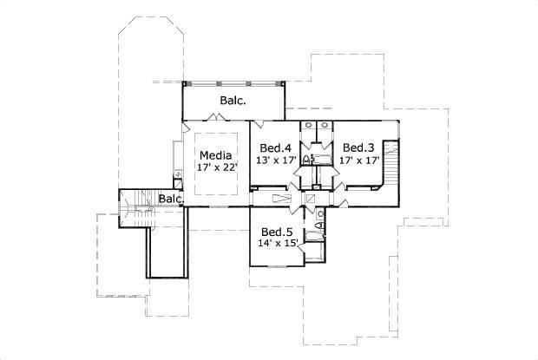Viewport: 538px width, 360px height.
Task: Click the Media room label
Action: [x=215, y=156]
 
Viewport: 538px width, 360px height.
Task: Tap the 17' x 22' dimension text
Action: [x=216, y=167]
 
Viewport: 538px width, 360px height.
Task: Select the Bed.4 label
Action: [x=277, y=148]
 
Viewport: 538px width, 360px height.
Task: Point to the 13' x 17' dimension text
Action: [x=277, y=160]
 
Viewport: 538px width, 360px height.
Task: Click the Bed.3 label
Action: [x=357, y=148]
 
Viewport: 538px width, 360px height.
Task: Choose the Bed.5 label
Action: [x=278, y=232]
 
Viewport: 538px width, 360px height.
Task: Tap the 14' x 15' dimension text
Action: [x=278, y=244]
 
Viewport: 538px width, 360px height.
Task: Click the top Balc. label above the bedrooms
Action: [x=232, y=101]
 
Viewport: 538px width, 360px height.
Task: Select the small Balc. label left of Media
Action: [x=171, y=200]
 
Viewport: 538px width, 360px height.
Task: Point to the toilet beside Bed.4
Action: [x=306, y=160]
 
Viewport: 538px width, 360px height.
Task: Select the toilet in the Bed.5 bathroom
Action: [x=319, y=227]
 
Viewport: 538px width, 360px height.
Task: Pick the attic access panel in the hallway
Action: [x=283, y=199]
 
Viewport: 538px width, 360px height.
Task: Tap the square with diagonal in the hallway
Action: [x=311, y=199]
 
